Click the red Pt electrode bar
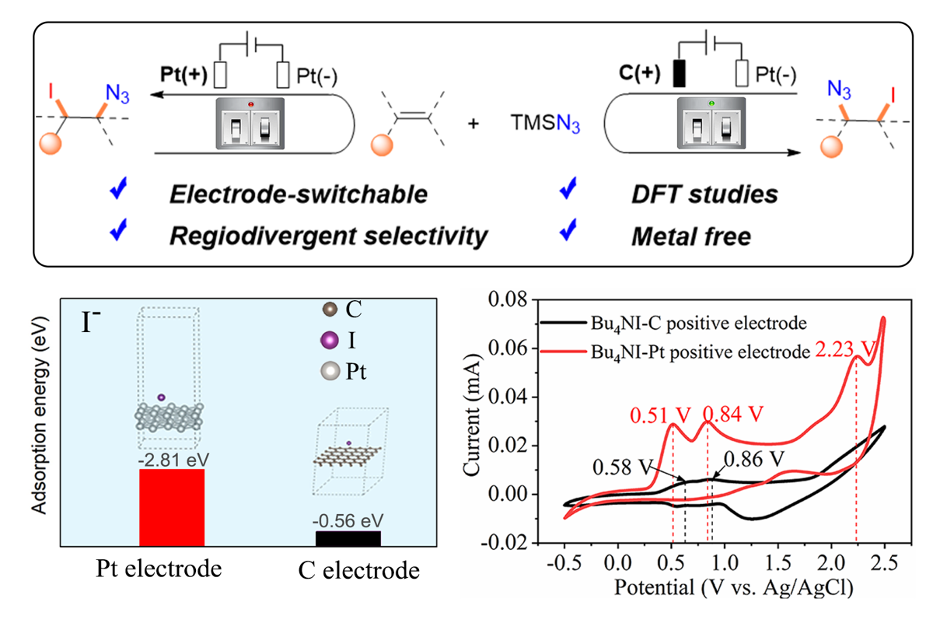(172, 506)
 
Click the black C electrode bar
(348, 537)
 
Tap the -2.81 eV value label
(172, 459)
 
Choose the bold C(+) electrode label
(645, 75)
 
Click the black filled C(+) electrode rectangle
(680, 75)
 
